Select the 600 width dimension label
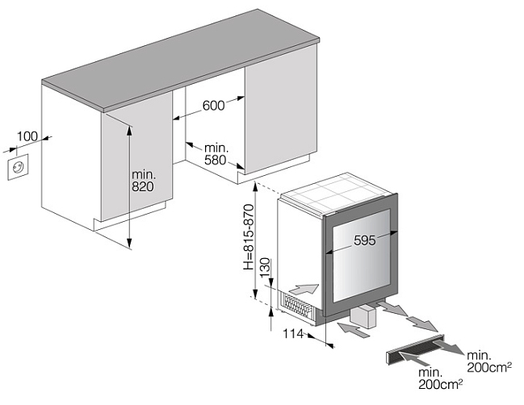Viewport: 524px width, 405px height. click(x=214, y=105)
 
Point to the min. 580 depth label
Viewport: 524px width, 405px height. click(x=216, y=154)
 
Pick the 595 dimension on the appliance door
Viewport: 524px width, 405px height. click(x=366, y=240)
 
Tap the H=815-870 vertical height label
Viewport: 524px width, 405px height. click(x=249, y=235)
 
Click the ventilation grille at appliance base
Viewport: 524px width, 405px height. click(x=298, y=306)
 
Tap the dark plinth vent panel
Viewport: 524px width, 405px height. click(x=412, y=350)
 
